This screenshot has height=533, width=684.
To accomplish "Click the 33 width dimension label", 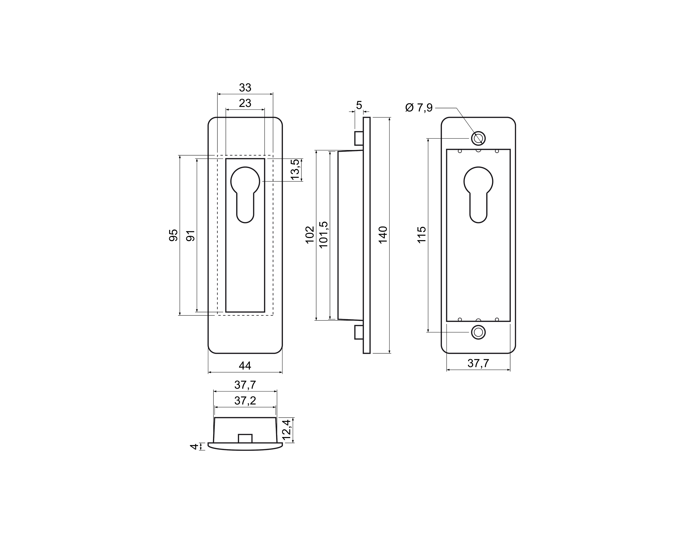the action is [245, 88].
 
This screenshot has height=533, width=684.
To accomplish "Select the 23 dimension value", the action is [245, 103].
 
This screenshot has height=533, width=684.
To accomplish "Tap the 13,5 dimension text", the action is [295, 169].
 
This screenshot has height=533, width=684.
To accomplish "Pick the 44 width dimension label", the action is [245, 366].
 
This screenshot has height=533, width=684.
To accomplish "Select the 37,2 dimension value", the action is [245, 401].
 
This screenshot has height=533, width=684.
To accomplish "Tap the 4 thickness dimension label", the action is [195, 447].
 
